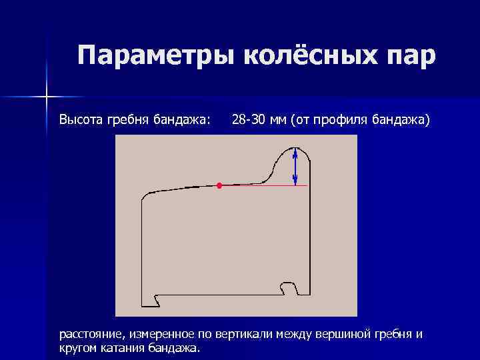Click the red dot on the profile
click(x=219, y=185)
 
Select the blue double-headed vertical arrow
click(x=295, y=167)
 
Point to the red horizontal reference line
click(x=267, y=185)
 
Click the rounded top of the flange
click(x=294, y=148)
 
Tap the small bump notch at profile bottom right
click(x=289, y=286)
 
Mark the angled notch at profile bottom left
click(x=157, y=301)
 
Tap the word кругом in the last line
click(x=77, y=348)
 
